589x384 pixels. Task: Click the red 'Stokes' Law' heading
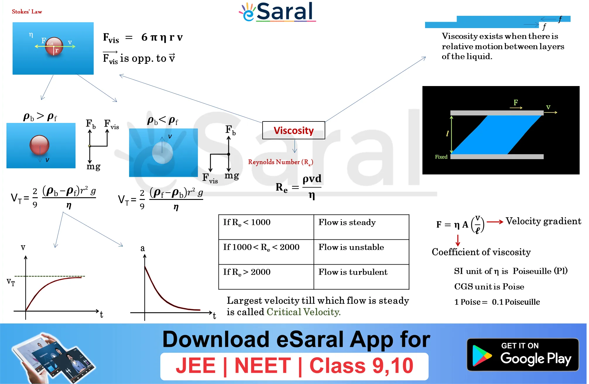[27, 12]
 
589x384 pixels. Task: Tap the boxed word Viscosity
[294, 130]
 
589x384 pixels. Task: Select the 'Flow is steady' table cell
[361, 227]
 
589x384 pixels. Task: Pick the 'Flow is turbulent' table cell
[361, 277]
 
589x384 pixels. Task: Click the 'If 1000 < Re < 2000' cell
[266, 252]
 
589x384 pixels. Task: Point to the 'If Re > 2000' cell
[266, 277]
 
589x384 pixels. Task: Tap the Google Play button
[523, 354]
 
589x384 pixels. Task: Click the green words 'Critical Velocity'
[303, 312]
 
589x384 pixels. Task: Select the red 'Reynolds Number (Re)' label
[280, 162]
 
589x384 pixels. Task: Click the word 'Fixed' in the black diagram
[441, 157]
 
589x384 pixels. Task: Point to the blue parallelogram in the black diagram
[497, 135]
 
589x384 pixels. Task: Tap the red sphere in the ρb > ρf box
[40, 145]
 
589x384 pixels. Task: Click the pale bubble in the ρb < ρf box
[162, 152]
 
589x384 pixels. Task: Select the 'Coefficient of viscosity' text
[481, 252]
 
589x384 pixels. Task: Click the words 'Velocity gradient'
[543, 221]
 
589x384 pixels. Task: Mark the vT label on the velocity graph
[11, 282]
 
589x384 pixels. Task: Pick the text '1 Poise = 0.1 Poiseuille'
[497, 302]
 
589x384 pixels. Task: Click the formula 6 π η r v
[162, 37]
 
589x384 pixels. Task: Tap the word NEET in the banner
[263, 366]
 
